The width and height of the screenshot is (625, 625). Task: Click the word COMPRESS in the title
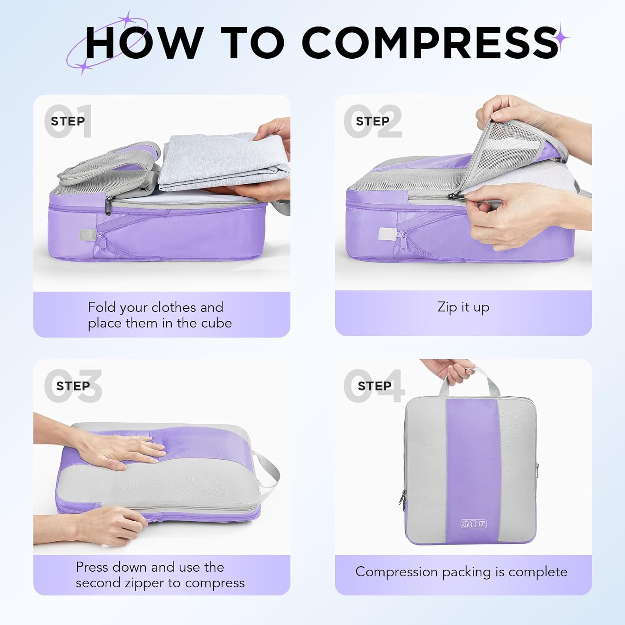[x=430, y=42]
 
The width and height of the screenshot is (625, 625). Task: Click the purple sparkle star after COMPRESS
[x=562, y=38]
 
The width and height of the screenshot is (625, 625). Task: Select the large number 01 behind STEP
[x=68, y=121]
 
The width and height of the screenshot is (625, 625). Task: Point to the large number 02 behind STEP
[x=372, y=121]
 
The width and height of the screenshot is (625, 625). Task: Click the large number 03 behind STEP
[x=73, y=386]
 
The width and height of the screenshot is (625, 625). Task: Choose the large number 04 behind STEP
[x=374, y=386]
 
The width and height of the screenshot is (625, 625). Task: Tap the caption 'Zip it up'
[x=463, y=307]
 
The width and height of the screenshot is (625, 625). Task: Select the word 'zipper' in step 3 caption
[x=145, y=583]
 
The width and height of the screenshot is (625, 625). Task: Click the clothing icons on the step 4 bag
[x=474, y=523]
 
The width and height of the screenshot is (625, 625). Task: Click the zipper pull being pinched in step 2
[x=454, y=197]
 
